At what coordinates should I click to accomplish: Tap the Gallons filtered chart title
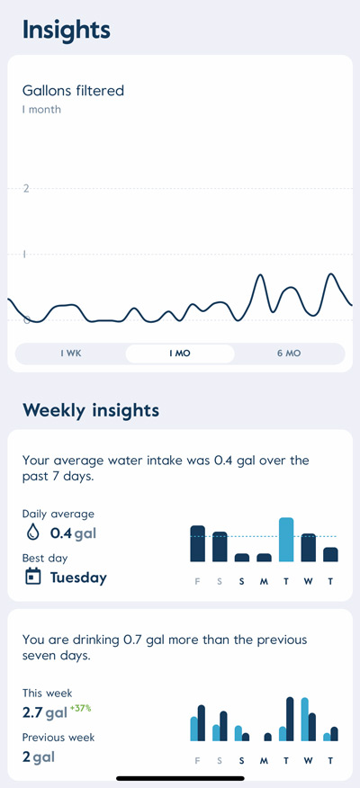[73, 90]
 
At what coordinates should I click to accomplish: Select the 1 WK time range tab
[71, 354]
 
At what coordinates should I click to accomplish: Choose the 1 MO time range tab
[180, 354]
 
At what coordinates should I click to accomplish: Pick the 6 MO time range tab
[288, 354]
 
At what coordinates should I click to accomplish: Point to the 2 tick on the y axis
[26, 188]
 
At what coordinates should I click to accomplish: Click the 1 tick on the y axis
[25, 255]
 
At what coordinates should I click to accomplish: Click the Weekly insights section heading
[91, 410]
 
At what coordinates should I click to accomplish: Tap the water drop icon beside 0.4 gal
[32, 533]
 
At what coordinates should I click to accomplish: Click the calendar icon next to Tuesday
[32, 578]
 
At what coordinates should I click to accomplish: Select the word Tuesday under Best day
[78, 578]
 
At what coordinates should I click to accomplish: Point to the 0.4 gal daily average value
[73, 533]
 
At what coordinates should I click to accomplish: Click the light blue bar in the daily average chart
[286, 540]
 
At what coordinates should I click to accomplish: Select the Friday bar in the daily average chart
[198, 543]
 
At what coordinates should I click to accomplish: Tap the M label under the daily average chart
[264, 580]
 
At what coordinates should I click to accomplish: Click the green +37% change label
[81, 708]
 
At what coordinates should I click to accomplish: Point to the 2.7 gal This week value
[45, 713]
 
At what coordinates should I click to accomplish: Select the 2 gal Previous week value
[38, 757]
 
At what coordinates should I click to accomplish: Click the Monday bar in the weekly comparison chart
[267, 737]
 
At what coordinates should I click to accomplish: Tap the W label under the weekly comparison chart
[309, 760]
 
